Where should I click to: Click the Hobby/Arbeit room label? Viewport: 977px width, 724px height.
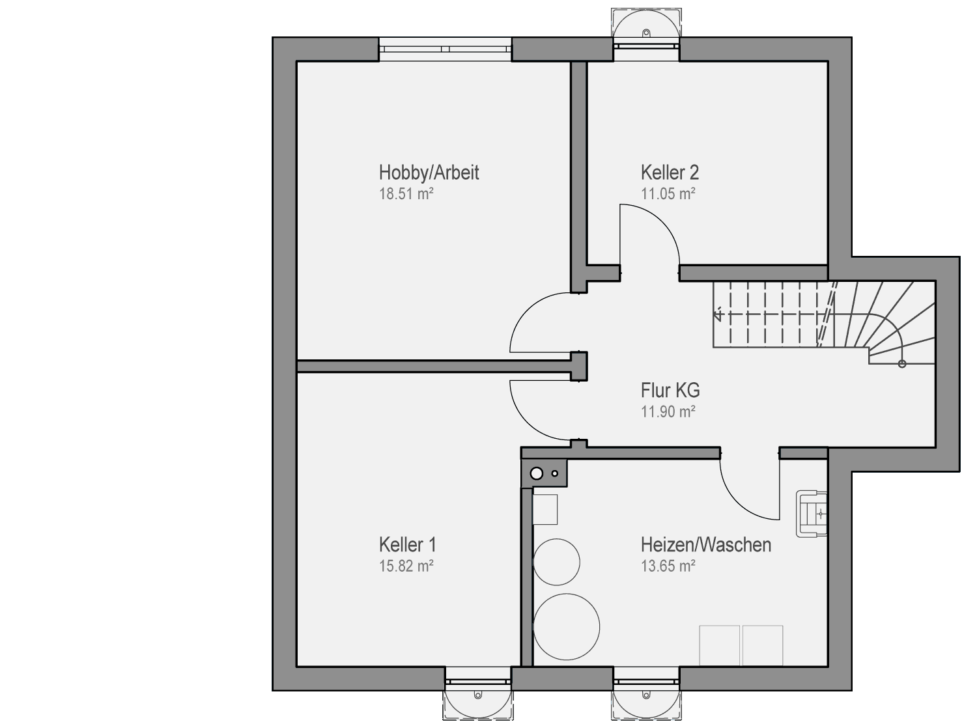(x=429, y=173)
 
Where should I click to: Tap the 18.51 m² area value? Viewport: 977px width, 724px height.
(x=406, y=194)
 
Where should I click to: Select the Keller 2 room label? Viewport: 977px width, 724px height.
(x=670, y=173)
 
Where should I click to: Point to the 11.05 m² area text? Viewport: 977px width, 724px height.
(x=668, y=194)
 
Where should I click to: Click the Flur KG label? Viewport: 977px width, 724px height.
(x=670, y=390)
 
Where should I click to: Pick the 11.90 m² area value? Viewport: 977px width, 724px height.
(x=668, y=411)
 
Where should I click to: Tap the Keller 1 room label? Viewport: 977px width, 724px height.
(x=408, y=545)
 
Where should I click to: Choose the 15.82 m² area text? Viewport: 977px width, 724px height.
(x=406, y=566)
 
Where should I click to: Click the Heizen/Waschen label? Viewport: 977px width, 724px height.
(x=705, y=545)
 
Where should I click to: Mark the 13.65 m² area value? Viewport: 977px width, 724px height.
(x=668, y=566)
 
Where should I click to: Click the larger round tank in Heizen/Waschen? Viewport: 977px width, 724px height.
(x=567, y=627)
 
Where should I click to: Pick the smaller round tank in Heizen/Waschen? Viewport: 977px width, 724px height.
(x=556, y=562)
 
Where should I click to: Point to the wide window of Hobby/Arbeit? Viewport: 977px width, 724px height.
(x=445, y=49)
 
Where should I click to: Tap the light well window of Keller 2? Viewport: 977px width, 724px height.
(x=646, y=33)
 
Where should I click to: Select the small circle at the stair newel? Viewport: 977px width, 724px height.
(x=902, y=364)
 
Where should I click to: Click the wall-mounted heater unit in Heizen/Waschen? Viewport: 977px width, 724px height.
(x=812, y=514)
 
